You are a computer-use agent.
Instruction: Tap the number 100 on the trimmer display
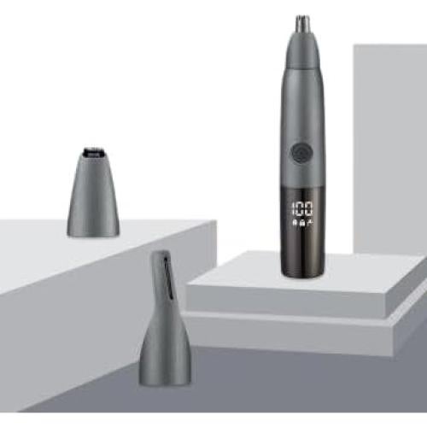302,208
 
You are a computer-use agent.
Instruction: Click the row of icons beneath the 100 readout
302,223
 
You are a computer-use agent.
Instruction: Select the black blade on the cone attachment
92,153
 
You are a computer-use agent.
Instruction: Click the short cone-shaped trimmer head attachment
93,192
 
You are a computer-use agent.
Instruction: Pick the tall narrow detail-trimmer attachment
164,318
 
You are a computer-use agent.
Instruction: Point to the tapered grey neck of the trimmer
302,51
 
